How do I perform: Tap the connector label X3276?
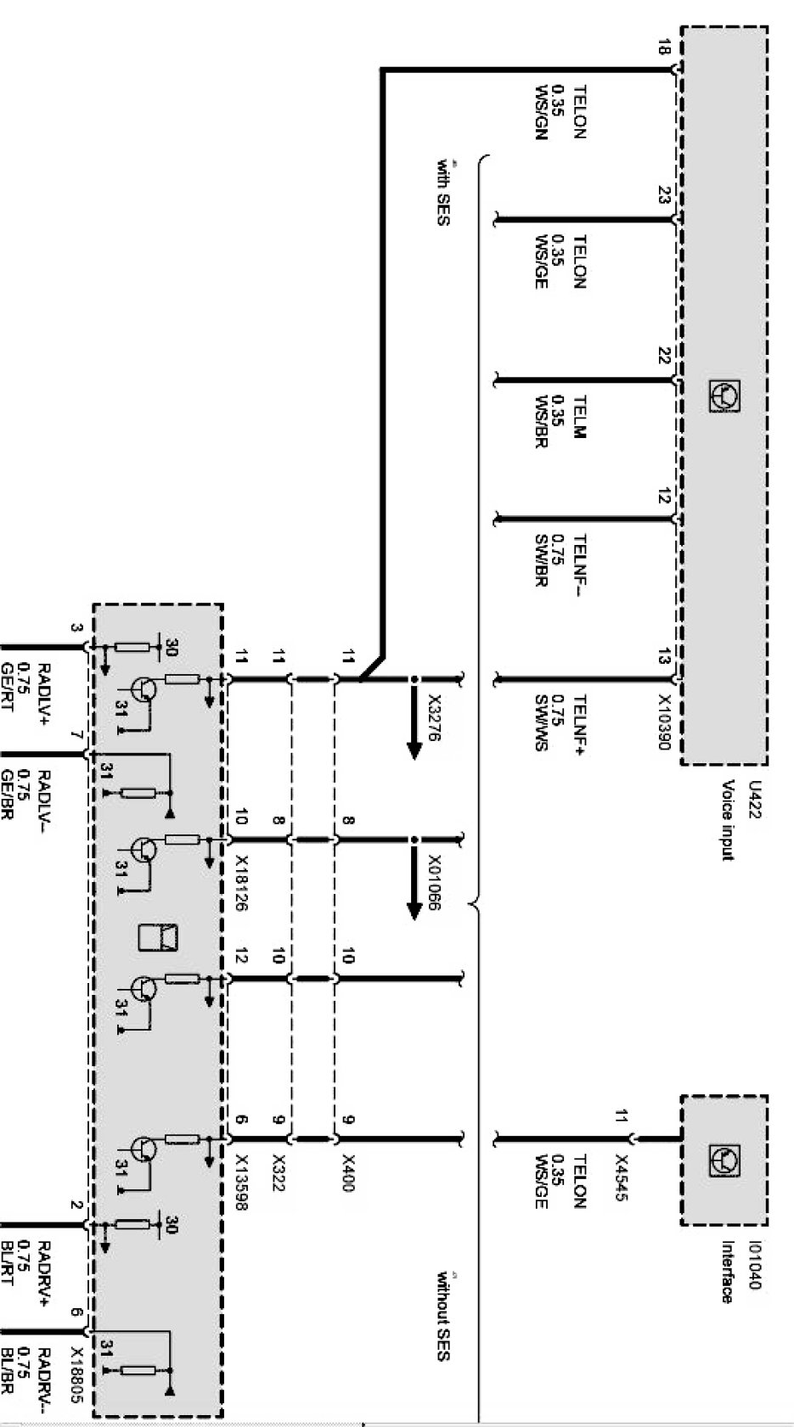coord(435,716)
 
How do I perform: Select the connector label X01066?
coord(435,882)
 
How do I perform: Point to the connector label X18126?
coord(240,883)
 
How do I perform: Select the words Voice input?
coord(728,820)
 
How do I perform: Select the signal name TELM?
coord(581,415)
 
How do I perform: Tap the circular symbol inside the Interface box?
coord(724,1159)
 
